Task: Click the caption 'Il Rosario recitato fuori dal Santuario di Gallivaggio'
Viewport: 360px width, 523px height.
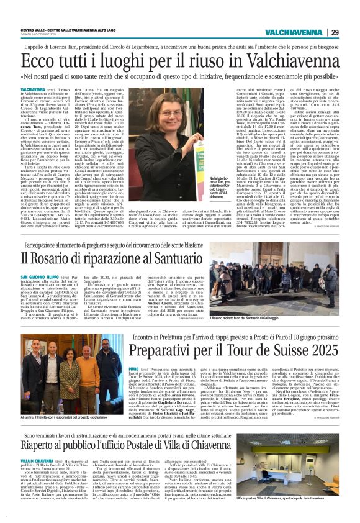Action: click(268, 317)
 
